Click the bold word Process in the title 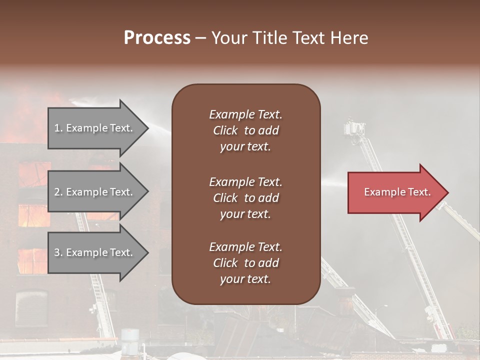[x=157, y=38]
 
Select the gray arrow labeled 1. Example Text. [x=97, y=128]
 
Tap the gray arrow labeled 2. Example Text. [x=97, y=192]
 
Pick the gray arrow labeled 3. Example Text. [x=97, y=252]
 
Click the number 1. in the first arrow [x=58, y=128]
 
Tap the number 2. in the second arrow [x=58, y=192]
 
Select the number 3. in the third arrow [x=58, y=252]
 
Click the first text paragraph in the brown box [x=245, y=130]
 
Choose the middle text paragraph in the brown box [x=245, y=198]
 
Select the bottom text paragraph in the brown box [x=245, y=263]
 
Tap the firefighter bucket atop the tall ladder [x=354, y=128]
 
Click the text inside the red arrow [x=397, y=192]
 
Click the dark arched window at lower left [x=31, y=308]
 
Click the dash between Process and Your [x=200, y=38]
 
